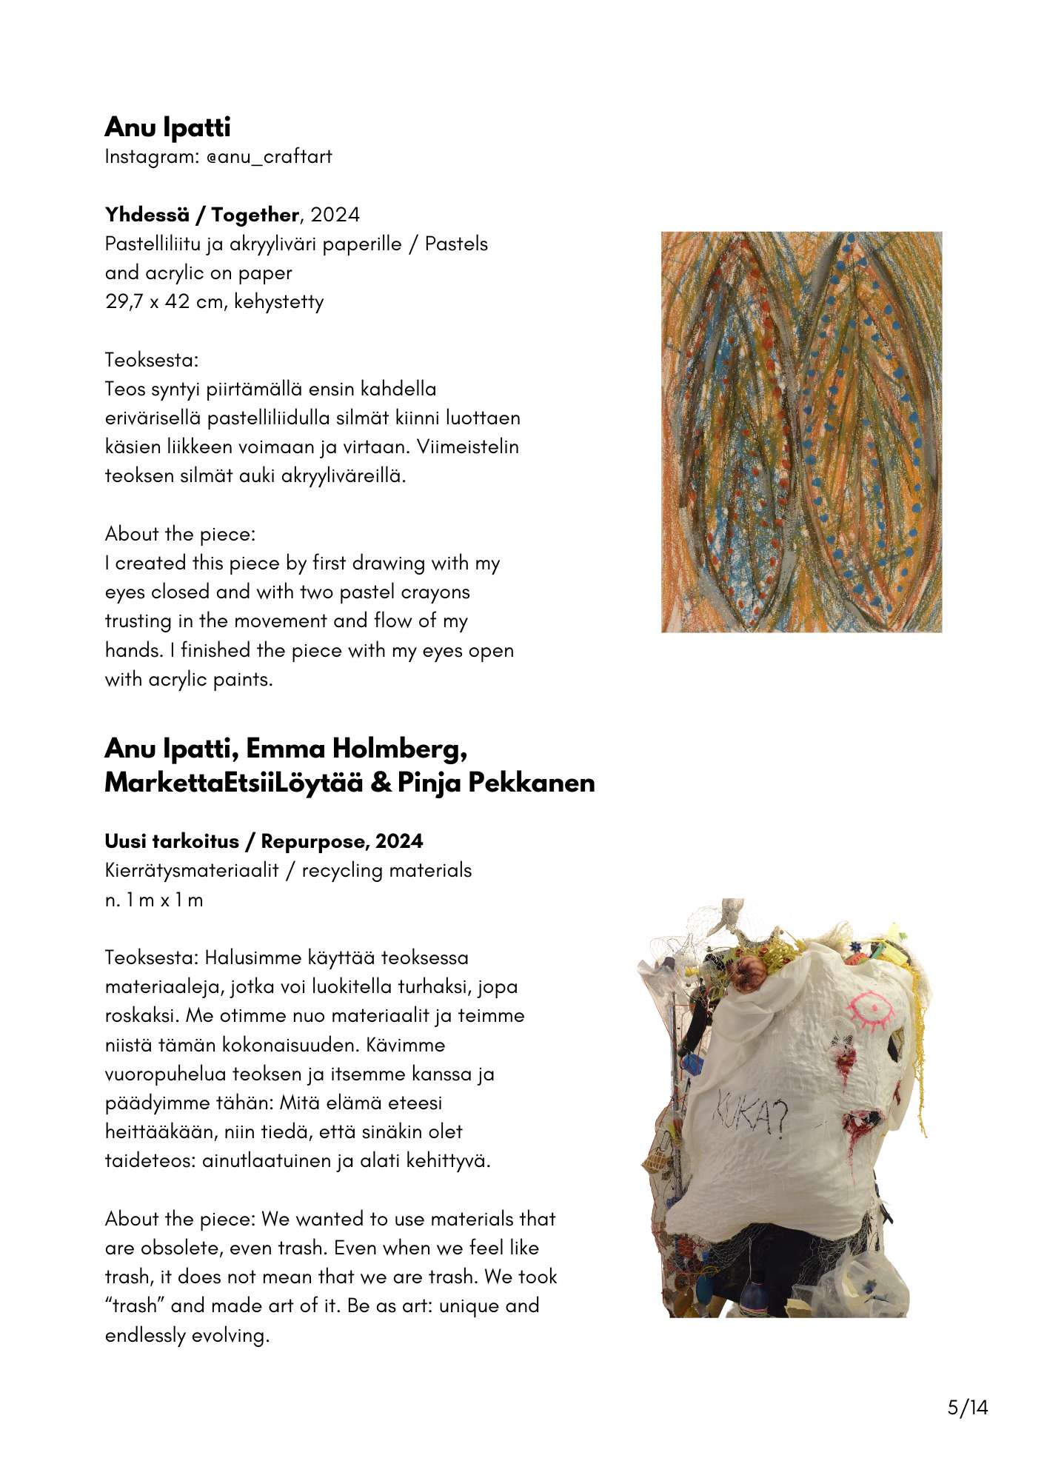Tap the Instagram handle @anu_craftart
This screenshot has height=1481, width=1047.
click(270, 157)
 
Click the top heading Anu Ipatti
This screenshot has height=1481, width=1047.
click(167, 127)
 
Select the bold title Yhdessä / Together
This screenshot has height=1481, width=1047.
click(201, 215)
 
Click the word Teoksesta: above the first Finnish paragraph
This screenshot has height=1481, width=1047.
click(152, 360)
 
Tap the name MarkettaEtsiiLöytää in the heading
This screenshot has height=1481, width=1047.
click(233, 783)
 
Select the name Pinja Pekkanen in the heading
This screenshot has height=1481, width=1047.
click(496, 783)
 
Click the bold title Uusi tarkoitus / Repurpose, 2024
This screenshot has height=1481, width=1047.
click(264, 841)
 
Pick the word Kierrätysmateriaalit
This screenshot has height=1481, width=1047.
click(192, 870)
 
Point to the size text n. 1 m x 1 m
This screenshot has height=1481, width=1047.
click(154, 900)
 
